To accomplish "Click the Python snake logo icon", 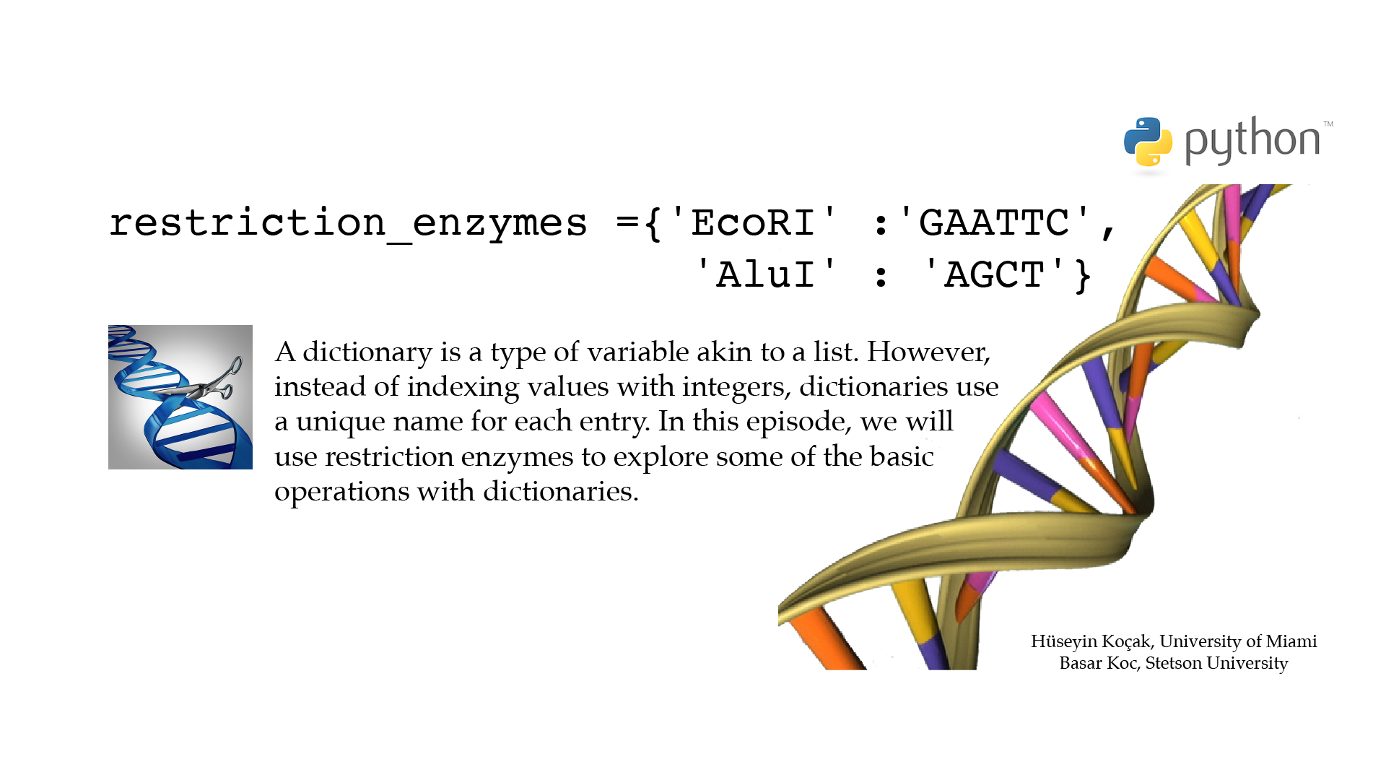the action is point(1148,142).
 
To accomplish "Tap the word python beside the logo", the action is point(1252,140).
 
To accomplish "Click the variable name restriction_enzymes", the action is point(348,224).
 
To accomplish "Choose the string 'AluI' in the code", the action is point(766,274).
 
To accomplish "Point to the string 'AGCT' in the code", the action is point(994,274).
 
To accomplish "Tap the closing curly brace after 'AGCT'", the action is point(1083,276).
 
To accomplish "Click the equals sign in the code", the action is point(627,223).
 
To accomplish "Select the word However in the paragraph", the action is point(928,352).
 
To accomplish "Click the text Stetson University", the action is point(1217,663).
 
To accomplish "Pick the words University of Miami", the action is point(1238,641).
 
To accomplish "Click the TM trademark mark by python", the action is point(1328,124).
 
